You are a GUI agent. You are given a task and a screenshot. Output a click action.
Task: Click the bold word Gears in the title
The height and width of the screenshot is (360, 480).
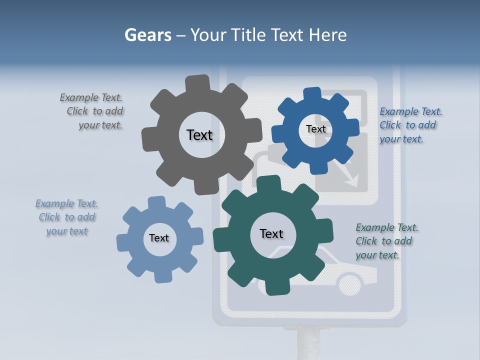click(148, 35)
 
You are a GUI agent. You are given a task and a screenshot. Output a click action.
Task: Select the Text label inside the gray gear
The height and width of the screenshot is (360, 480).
click(199, 135)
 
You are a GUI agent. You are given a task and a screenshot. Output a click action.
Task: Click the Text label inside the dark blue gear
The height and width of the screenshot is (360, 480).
click(315, 129)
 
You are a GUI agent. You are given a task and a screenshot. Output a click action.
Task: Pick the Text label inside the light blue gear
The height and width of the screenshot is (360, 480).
click(159, 238)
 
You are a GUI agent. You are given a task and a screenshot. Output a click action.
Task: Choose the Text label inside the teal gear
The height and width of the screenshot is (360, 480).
click(271, 233)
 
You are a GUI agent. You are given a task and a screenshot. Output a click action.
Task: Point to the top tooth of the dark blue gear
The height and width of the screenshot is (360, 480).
click(312, 94)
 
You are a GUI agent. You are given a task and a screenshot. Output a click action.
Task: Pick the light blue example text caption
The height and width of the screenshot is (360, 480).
click(66, 217)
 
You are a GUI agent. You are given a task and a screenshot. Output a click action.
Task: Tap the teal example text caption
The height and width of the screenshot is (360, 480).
click(386, 241)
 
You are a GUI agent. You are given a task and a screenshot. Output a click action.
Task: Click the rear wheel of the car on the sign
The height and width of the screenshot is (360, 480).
click(350, 284)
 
